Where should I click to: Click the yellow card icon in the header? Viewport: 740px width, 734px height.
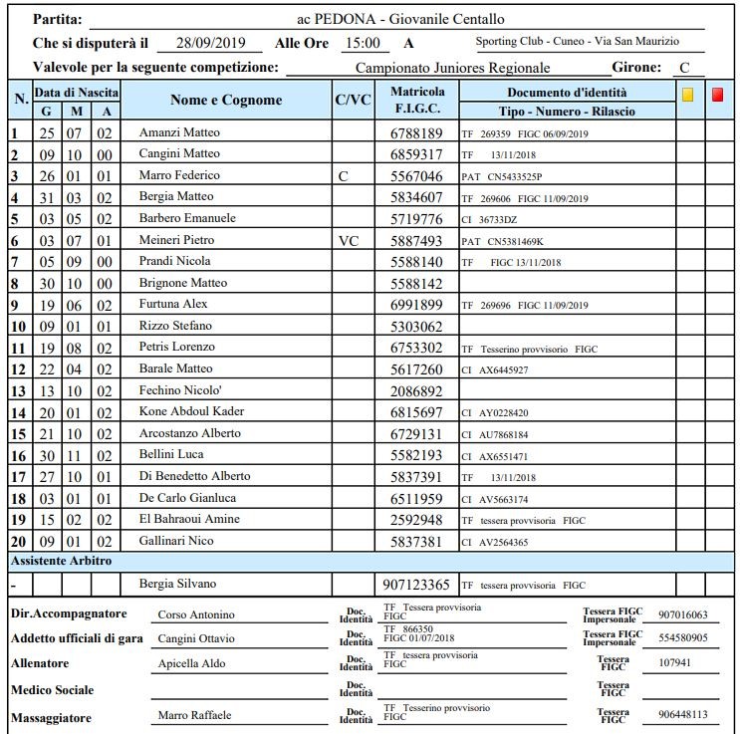coord(687,97)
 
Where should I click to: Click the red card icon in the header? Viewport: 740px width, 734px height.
coord(717,97)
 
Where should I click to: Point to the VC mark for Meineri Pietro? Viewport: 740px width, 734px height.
coord(349,240)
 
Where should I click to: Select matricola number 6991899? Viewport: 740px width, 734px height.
coord(415,305)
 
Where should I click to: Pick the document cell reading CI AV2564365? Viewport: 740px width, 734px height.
coord(495,542)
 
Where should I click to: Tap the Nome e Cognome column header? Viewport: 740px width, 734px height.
coord(226,100)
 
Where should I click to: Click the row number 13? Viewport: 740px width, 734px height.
coord(17,390)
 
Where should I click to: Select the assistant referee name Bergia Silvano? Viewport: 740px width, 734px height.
coord(176,583)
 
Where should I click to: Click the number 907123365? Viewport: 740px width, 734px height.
coord(417,585)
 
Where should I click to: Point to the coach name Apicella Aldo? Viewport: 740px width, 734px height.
coord(191,663)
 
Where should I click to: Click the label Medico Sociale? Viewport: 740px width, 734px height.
coord(52,690)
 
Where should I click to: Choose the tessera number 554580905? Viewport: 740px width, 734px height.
coord(683,638)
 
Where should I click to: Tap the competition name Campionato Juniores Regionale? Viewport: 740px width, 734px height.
coord(452,68)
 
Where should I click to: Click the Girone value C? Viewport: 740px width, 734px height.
coord(683,68)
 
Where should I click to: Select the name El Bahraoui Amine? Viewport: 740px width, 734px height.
coord(189,519)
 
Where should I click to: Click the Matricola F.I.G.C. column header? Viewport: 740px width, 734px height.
coord(417,100)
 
